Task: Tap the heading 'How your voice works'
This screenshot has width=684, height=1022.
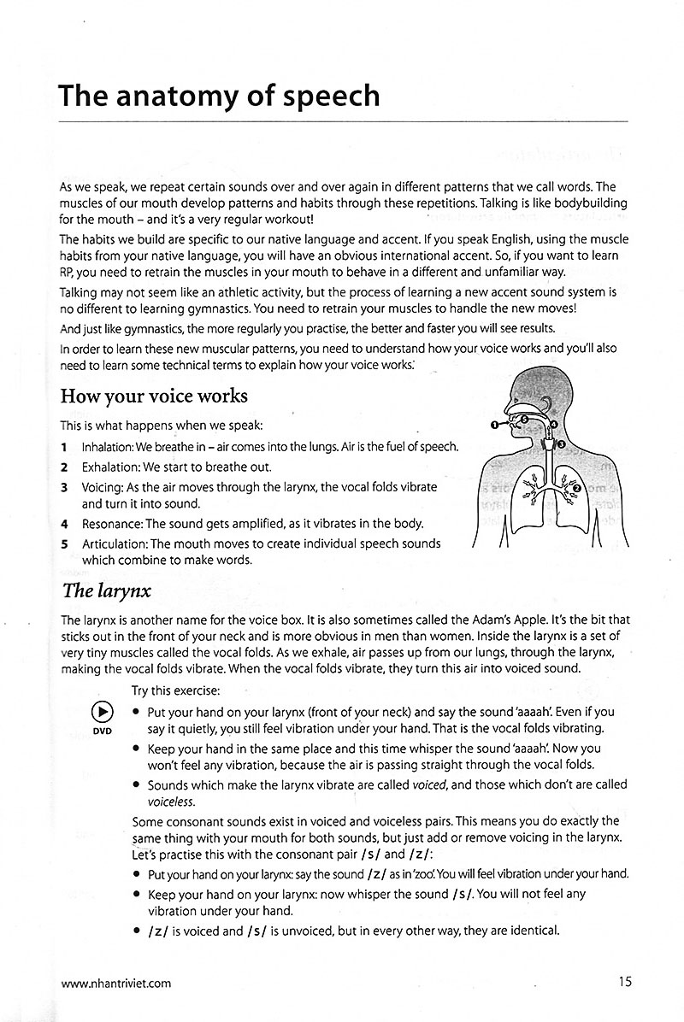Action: coord(154,396)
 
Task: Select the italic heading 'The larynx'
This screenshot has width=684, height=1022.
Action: coord(106,589)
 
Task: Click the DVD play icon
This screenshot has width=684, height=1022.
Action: coord(102,712)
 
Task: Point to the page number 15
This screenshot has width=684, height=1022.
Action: coord(625,982)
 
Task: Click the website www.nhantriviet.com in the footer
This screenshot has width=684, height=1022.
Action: coord(115,983)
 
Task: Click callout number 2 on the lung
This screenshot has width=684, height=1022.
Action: coord(576,488)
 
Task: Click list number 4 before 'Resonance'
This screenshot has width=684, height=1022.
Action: coord(64,524)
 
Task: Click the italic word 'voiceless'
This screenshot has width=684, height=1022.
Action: coord(170,802)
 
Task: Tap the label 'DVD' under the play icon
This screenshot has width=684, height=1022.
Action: coord(102,731)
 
